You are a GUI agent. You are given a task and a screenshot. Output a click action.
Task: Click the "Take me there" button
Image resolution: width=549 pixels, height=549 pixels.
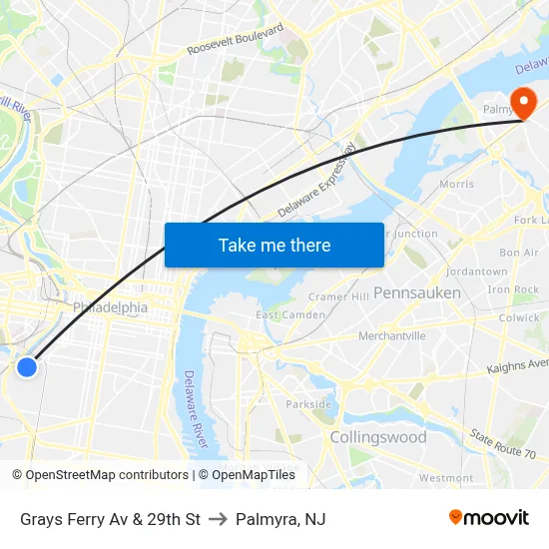pos(274,245)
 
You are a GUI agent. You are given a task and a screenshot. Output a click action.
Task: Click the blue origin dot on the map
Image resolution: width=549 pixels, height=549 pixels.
pos(27,367)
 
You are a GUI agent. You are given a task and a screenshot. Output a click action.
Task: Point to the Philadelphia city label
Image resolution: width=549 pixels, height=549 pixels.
pos(110,307)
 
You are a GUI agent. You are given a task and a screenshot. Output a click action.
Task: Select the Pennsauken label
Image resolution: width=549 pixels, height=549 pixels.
pos(417,292)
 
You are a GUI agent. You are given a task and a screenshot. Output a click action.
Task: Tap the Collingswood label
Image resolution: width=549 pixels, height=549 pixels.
pos(378,437)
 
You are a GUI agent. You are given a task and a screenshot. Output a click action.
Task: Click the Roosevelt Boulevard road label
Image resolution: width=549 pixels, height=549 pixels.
pos(235,41)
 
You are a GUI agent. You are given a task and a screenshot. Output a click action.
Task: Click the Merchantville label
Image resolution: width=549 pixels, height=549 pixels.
pos(391,335)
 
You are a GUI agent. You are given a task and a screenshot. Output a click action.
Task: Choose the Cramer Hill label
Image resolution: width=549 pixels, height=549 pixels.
pos(338,296)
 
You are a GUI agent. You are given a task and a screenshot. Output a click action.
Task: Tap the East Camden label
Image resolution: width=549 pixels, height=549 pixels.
pos(290,315)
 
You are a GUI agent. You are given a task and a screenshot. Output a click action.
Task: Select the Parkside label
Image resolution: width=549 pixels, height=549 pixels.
pos(308,404)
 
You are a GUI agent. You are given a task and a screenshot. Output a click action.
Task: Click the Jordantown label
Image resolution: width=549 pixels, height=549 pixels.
pos(477,272)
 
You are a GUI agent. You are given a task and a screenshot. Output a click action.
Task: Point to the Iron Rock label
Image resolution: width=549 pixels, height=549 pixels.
pos(513,289)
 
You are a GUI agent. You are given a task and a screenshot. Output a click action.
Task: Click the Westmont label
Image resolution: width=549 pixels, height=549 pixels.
pos(446,478)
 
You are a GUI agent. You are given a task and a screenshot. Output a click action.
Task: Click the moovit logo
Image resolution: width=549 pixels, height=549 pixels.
pos(488,518)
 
